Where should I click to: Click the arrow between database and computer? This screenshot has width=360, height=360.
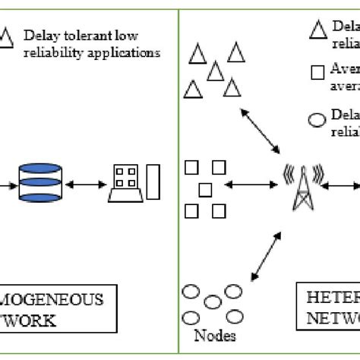click(85, 185)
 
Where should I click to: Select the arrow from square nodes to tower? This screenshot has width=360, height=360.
click(251, 185)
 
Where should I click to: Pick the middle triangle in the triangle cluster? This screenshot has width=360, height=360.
click(216, 71)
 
